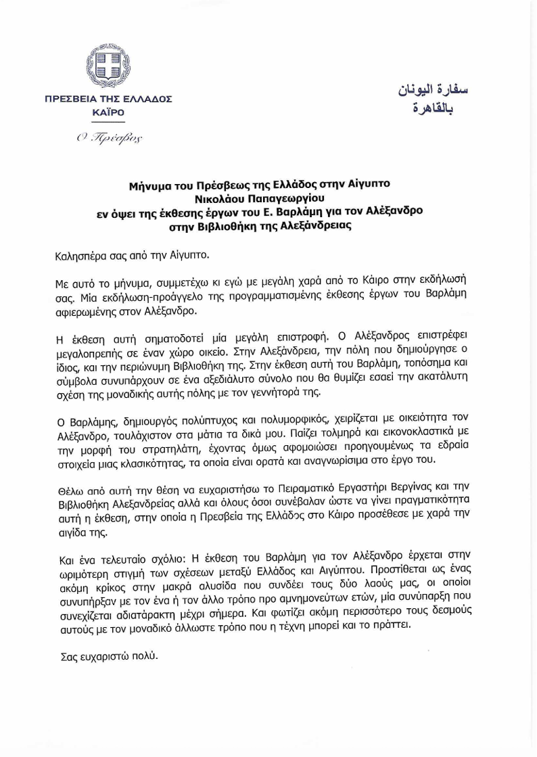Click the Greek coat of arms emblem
[x=108, y=66]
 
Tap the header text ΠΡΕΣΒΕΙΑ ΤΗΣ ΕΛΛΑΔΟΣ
[x=108, y=99]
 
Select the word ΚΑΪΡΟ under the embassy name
[x=108, y=112]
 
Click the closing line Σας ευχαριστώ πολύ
[x=106, y=656]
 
